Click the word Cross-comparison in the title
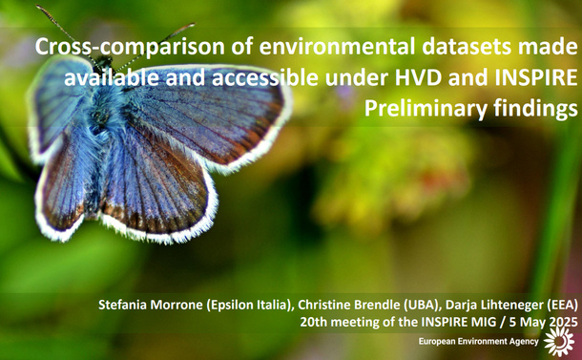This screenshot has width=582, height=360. pyautogui.click(x=120, y=47)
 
